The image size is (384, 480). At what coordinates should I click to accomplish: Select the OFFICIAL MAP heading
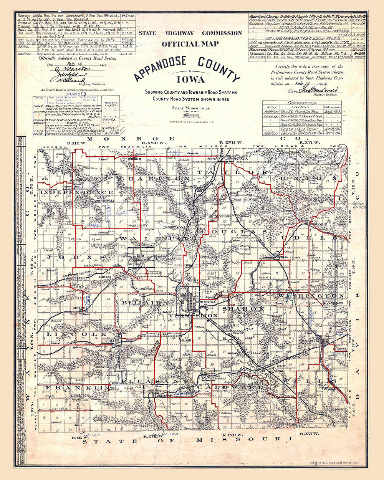click(x=190, y=44)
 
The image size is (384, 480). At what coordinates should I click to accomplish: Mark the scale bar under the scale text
click(x=190, y=115)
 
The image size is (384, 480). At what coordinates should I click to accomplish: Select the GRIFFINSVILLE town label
click(x=95, y=200)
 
